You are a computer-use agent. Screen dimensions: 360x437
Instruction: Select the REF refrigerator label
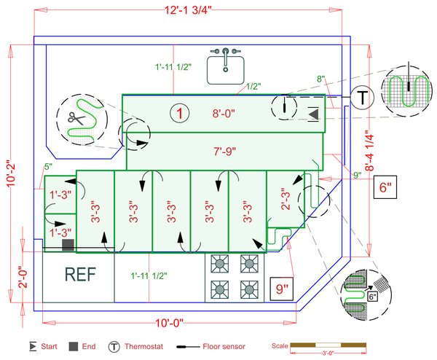coord(79,275)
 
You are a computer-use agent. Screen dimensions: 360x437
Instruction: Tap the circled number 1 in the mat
coord(179,113)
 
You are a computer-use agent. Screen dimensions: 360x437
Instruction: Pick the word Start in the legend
coord(52,347)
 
